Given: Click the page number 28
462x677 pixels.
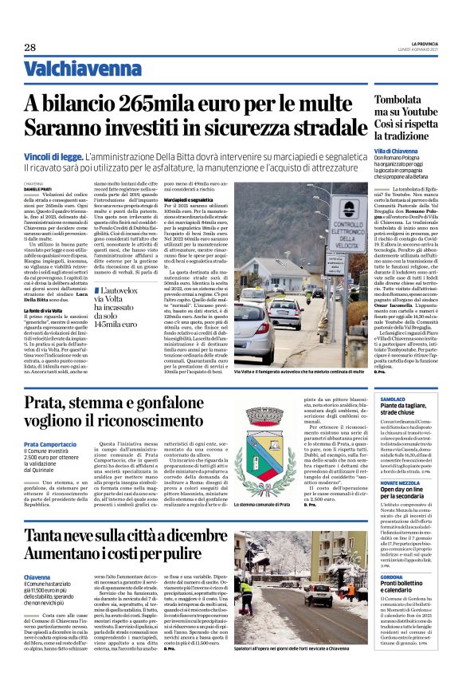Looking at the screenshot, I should click(x=30, y=47).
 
